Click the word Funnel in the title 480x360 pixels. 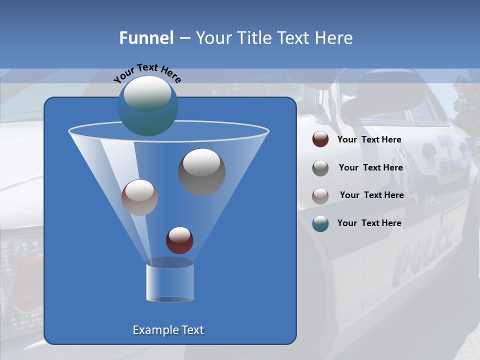[146, 38]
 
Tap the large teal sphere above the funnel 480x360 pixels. [147, 105]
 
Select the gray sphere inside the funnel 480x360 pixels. [201, 172]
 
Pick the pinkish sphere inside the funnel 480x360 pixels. [139, 197]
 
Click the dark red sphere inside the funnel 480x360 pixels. [179, 240]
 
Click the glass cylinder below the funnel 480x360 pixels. [169, 282]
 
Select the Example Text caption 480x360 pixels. [168, 330]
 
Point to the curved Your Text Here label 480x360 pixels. [147, 72]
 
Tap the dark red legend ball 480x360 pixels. [320, 139]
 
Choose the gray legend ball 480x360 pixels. [320, 168]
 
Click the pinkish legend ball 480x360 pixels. [320, 195]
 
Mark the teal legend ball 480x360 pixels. [320, 223]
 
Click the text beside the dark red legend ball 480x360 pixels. [369, 139]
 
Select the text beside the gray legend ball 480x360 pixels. [370, 167]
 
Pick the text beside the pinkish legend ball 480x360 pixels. [371, 195]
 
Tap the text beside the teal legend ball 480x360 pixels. [369, 223]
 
